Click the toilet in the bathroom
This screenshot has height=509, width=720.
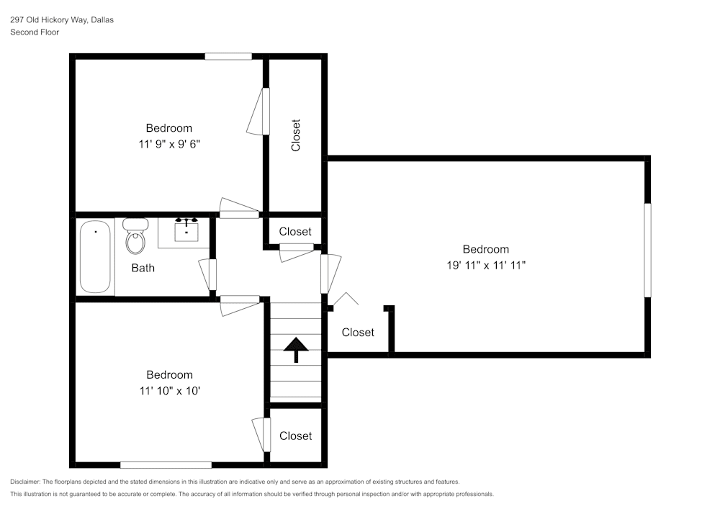coord(135,236)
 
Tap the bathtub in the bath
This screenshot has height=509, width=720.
coord(95,256)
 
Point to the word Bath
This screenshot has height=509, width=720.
coord(143,268)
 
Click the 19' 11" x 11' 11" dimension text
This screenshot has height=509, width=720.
coord(486,265)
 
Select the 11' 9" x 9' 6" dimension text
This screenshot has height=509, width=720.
coord(169,144)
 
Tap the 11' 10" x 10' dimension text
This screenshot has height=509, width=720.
coord(169,391)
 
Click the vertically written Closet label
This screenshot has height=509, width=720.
coord(296,135)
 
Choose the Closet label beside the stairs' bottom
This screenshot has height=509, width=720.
coord(296,436)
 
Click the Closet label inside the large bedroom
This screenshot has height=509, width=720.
coord(358,333)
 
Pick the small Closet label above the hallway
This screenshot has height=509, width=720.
coord(295,232)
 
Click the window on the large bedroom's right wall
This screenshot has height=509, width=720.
coord(647,250)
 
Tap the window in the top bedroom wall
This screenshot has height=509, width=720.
coord(228,56)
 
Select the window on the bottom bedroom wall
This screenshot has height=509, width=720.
coord(166,465)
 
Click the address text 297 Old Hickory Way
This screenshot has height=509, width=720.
coord(49,19)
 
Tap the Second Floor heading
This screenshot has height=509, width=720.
coord(35,32)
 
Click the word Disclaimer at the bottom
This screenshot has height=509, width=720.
coord(24,482)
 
